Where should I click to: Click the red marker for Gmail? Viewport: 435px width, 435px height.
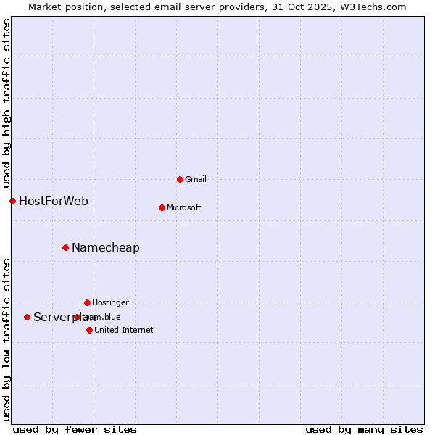(x=180, y=179)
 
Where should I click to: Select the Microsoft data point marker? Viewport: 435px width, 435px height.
(x=162, y=207)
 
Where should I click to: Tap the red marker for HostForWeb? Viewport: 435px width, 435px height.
(x=12, y=201)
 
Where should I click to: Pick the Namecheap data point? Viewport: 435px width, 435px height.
(x=65, y=247)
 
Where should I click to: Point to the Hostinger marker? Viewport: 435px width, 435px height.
(x=87, y=302)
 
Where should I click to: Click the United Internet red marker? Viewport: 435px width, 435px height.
(x=89, y=330)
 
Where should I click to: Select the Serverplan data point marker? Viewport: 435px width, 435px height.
(x=27, y=317)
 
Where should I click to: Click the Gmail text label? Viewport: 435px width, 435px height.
(x=196, y=179)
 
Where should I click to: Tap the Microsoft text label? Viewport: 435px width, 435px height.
(x=183, y=207)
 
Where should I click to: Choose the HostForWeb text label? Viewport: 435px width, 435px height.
(x=54, y=201)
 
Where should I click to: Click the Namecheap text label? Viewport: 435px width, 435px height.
(x=106, y=247)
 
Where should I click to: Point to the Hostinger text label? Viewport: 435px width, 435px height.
(x=110, y=302)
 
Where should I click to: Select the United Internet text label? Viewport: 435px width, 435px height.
(x=123, y=330)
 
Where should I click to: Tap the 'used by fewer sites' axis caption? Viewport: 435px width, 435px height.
(x=75, y=429)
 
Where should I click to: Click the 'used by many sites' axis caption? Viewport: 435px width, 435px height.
(x=364, y=429)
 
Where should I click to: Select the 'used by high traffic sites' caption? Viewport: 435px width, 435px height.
(x=7, y=99)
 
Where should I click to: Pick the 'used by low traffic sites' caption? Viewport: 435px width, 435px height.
(x=7, y=339)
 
